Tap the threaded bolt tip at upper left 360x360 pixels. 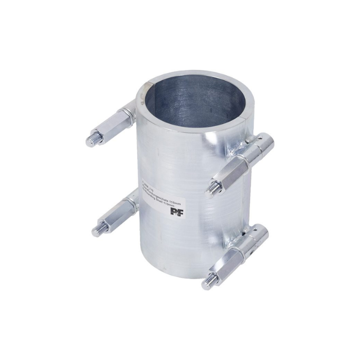pos(91,140)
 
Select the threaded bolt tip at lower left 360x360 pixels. pos(96,230)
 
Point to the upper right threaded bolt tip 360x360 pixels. pos(211,191)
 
